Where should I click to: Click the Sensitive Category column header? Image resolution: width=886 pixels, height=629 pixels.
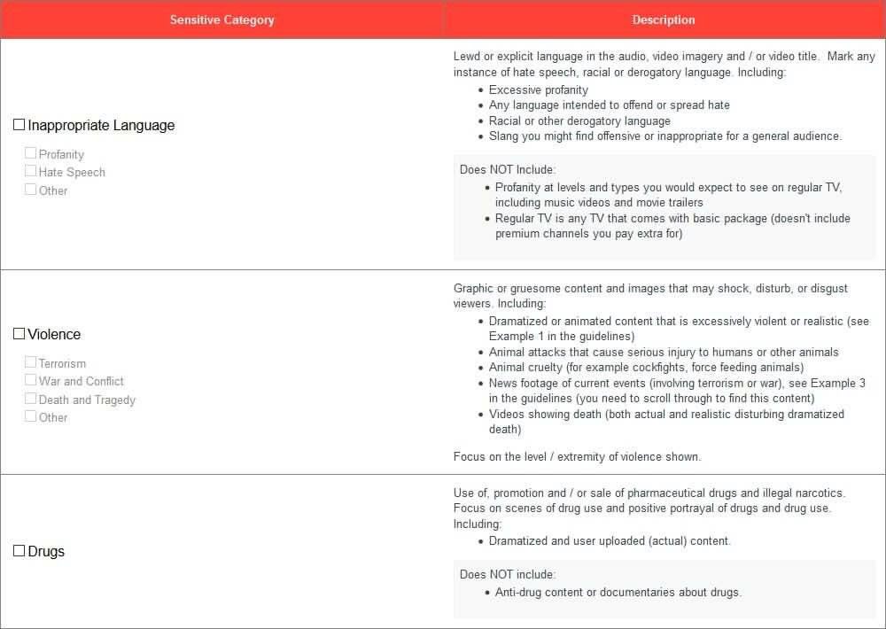[x=221, y=19]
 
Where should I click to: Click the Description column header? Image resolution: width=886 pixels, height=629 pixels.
[x=664, y=19]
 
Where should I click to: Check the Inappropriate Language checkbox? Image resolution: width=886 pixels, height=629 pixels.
[x=19, y=125]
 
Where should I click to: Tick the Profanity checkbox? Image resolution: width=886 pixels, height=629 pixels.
[x=31, y=153]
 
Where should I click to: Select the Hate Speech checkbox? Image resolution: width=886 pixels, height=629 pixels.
[x=31, y=171]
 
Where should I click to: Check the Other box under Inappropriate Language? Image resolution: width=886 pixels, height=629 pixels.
[x=31, y=190]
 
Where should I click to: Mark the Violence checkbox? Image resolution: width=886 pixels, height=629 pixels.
[x=19, y=334]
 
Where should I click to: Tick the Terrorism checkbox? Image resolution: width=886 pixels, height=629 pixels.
[x=31, y=362]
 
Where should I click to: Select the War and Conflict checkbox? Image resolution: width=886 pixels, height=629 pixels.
[x=31, y=380]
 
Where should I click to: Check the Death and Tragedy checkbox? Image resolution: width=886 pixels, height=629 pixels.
[x=31, y=399]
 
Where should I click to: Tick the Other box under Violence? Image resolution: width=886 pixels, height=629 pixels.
[x=31, y=416]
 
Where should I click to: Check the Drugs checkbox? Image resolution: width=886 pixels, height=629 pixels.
[x=19, y=551]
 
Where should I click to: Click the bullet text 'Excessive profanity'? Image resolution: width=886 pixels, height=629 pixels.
[x=538, y=89]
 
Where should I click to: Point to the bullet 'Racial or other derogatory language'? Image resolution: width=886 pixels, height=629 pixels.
[x=579, y=120]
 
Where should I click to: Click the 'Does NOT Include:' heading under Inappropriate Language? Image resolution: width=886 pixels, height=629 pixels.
[x=508, y=169]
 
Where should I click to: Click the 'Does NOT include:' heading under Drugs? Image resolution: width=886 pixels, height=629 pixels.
[x=508, y=574]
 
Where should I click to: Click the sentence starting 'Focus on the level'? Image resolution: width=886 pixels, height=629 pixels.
[x=577, y=457]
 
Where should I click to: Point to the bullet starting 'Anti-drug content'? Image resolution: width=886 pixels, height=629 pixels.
[x=618, y=592]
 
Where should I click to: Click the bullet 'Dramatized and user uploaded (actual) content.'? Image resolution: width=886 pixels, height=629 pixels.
[x=610, y=540]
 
